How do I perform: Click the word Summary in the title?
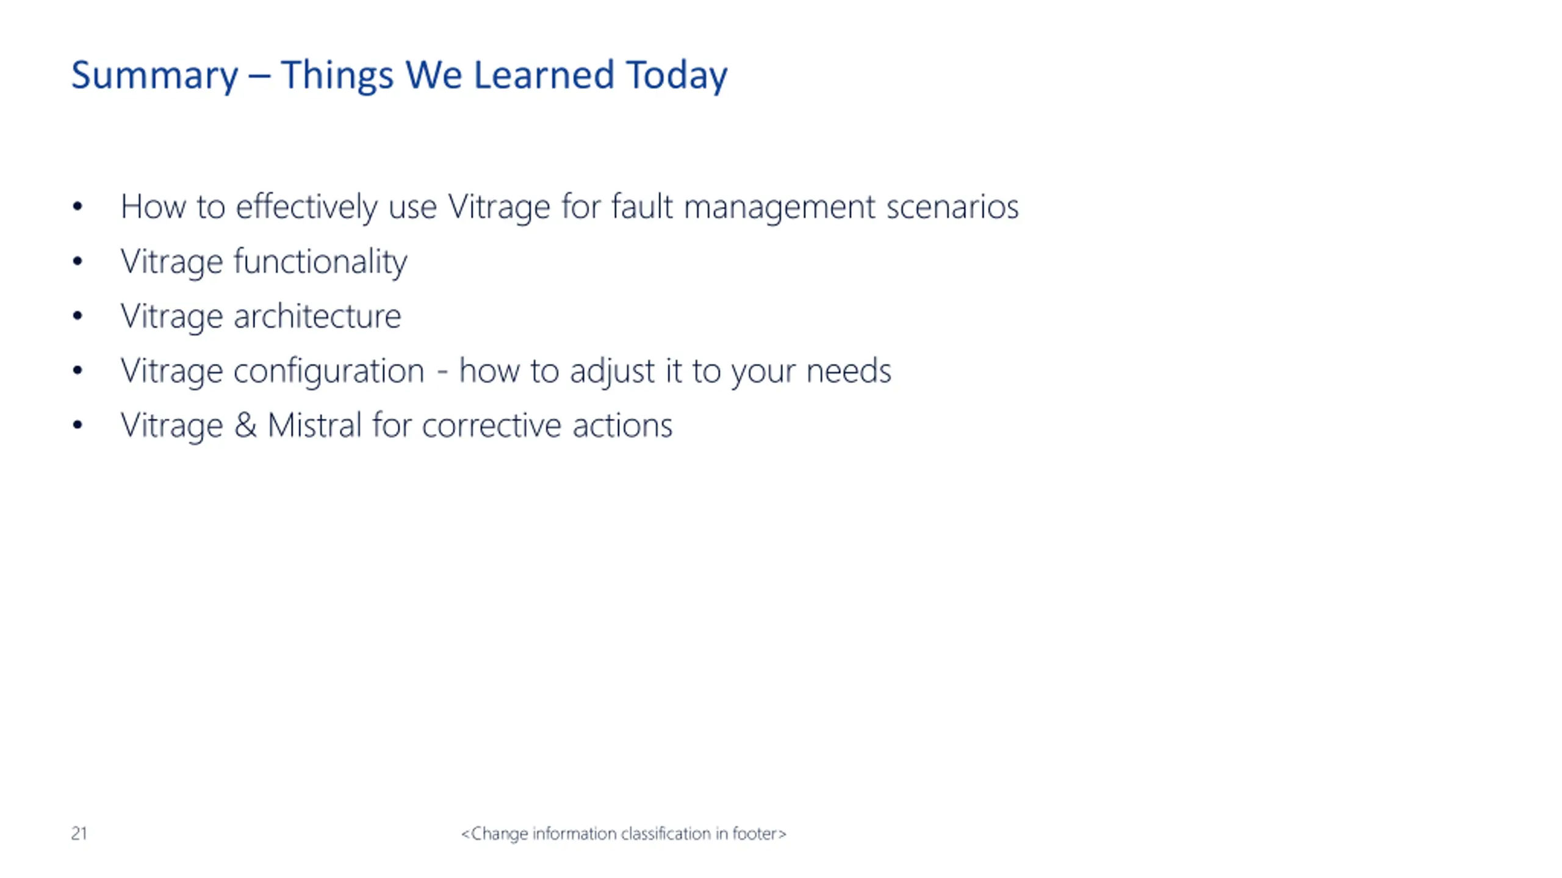pos(154,76)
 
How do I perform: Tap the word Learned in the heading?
pos(544,74)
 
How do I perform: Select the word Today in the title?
pos(677,76)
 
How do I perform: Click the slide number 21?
pos(79,833)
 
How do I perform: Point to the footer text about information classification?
pos(624,833)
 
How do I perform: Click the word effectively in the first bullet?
pos(306,207)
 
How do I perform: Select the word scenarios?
pos(952,207)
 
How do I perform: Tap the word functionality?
pos(320,262)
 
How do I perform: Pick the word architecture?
pos(317,316)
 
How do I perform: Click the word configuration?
pos(329,371)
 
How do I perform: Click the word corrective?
pos(491,426)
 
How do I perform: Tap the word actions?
pos(622,426)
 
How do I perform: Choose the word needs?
pos(849,371)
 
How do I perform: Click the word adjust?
pos(612,371)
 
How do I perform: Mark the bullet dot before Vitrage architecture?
pos(77,316)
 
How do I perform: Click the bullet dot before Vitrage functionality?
pos(77,262)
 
